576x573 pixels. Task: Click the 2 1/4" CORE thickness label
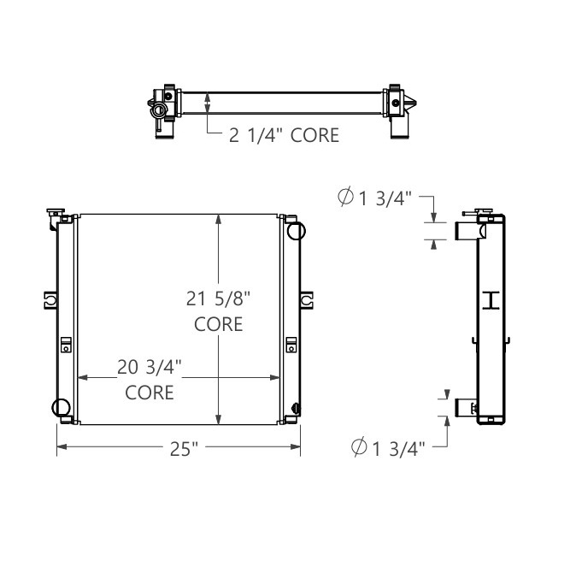click(x=284, y=135)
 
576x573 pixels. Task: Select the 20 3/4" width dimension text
click(x=150, y=367)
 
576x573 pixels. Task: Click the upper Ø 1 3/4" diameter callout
click(x=375, y=198)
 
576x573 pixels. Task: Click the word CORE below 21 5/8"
click(x=218, y=325)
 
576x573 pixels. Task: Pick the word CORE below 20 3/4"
click(x=150, y=393)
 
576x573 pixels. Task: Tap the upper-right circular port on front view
click(x=296, y=231)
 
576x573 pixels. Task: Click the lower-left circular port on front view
click(x=62, y=408)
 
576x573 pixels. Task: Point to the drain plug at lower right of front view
click(x=296, y=408)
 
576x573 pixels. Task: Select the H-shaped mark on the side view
click(x=491, y=299)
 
